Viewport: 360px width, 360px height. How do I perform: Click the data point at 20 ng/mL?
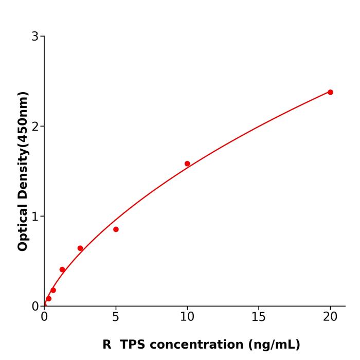point(330,92)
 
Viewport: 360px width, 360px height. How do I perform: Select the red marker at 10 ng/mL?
point(187,164)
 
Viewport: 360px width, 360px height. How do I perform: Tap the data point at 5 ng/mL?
point(116,229)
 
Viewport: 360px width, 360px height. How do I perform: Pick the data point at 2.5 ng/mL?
point(80,248)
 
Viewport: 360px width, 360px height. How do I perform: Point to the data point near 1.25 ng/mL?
point(62,269)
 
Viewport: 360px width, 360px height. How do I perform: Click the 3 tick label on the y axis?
point(35,36)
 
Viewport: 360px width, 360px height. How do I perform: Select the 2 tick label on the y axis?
point(35,126)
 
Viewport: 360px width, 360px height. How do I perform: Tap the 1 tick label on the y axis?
point(35,216)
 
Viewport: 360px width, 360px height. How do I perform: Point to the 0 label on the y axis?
point(35,306)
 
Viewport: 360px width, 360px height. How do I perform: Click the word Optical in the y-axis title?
point(23,227)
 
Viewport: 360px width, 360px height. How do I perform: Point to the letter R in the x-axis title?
point(107,345)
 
